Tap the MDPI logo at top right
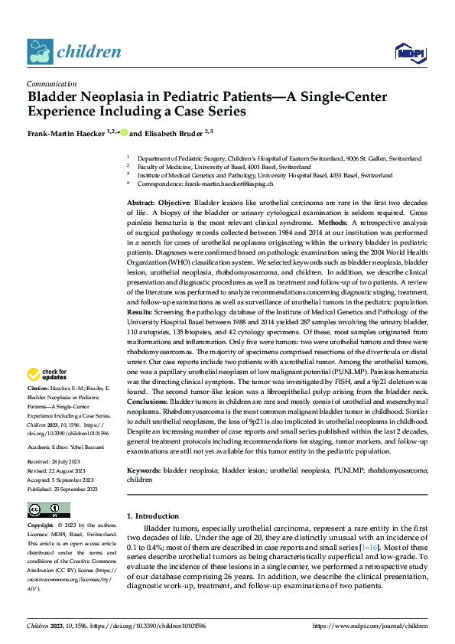click(406, 51)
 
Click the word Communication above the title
click(51, 84)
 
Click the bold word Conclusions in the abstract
click(148, 401)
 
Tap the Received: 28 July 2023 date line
click(56, 462)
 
